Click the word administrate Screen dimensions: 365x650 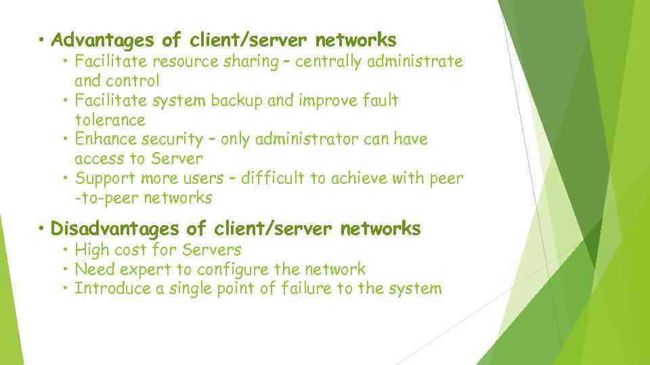tap(415, 62)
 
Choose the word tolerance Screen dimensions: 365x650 tap(110, 120)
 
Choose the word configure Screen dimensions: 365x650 tap(232, 270)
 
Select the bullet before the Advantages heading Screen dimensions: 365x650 tap(42, 40)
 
